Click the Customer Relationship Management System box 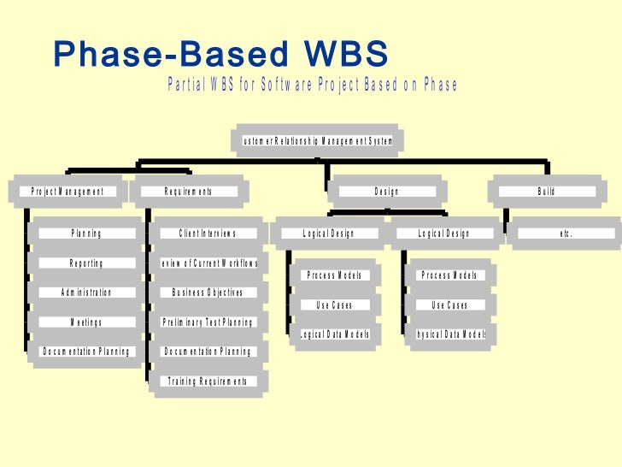[317, 141]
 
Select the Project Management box [67, 192]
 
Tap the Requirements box [189, 192]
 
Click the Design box [386, 192]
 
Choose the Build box [547, 192]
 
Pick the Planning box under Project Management [86, 233]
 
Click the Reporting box [86, 263]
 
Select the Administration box [86, 293]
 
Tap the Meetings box [86, 322]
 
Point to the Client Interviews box [208, 233]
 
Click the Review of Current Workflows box [208, 263]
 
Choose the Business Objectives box [208, 293]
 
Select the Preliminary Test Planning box [208, 322]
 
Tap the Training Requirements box [208, 381]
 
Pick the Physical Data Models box [449, 334]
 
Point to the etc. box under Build [566, 233]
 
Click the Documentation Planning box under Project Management [86, 352]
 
